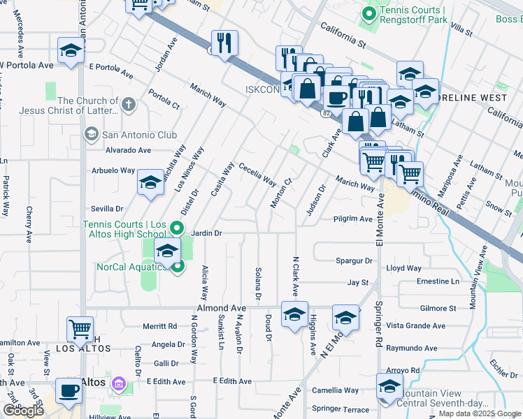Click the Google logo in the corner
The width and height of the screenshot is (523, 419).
23,411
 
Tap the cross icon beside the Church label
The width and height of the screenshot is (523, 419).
127,105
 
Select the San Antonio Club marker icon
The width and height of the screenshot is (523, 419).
91,133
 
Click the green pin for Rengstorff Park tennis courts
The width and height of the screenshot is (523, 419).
368,13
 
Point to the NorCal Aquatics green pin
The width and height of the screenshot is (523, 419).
178,266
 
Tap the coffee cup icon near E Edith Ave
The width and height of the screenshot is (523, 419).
69,391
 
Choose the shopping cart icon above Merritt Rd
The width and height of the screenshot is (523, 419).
80,328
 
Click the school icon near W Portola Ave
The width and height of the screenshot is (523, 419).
71,50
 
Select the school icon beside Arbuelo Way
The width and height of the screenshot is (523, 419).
150,183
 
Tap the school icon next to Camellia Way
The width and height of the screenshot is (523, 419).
389,386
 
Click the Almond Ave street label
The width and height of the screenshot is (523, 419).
222,308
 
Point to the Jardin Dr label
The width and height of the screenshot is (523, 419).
206,233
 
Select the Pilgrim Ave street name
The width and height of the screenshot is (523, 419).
352,219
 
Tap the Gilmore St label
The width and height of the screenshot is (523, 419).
438,308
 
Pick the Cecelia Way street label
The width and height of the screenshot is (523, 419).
257,174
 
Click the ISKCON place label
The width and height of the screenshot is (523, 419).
262,89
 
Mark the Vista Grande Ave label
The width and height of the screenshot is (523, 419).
416,325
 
